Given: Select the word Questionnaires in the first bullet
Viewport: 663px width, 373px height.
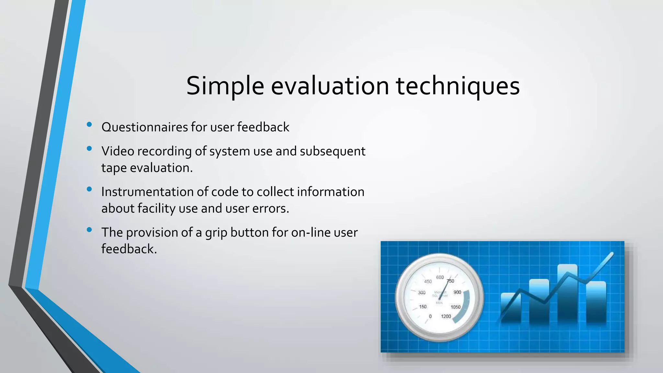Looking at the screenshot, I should click(x=145, y=127).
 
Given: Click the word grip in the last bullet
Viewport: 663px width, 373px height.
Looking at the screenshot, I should click(x=216, y=233).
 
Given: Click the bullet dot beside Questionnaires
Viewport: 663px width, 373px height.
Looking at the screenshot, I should click(x=89, y=125).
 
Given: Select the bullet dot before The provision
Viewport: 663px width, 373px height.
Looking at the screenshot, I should click(x=89, y=230).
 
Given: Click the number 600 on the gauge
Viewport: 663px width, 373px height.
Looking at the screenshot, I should click(x=440, y=277).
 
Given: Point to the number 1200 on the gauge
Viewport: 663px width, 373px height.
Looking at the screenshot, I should click(x=446, y=316).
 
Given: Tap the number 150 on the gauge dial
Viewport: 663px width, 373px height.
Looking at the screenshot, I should click(x=423, y=307).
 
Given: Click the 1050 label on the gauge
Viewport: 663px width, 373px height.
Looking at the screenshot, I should click(x=455, y=307).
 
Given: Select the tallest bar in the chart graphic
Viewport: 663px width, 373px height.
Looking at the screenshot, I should click(x=567, y=293).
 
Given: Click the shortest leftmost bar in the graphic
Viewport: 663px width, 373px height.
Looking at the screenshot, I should click(x=511, y=308).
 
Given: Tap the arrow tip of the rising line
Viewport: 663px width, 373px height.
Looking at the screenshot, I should click(x=612, y=254).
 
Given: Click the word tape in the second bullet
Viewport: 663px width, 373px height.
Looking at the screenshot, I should click(x=114, y=168).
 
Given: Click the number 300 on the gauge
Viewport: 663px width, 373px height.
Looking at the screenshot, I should click(x=421, y=293).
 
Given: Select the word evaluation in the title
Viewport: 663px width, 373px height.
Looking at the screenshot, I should click(x=330, y=86).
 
